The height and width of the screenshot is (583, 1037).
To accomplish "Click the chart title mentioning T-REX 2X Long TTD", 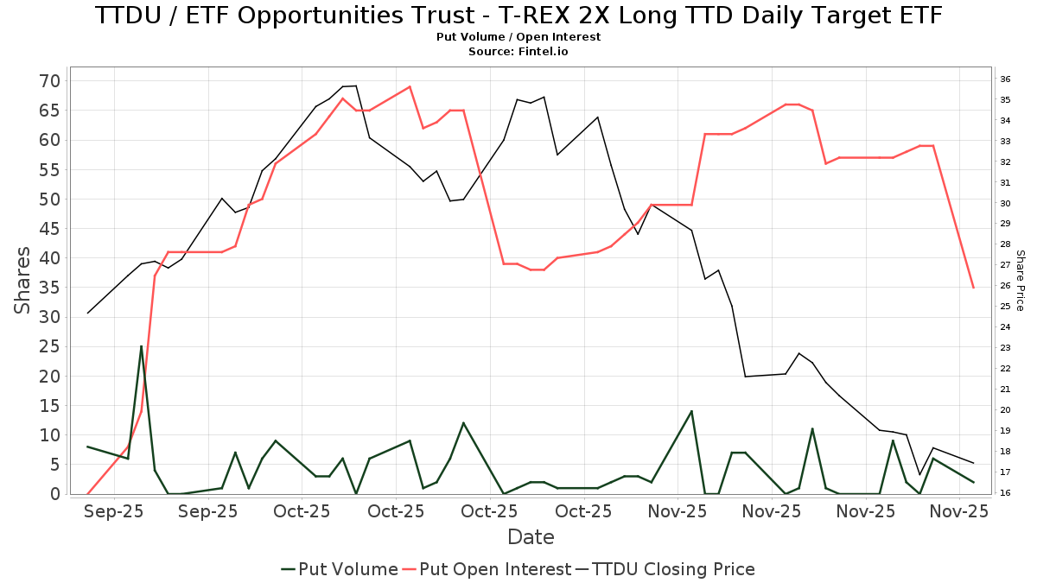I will [x=518, y=16].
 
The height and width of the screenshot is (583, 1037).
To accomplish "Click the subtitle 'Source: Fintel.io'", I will [x=518, y=52].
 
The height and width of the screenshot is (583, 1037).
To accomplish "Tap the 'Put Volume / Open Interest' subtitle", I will [x=518, y=37].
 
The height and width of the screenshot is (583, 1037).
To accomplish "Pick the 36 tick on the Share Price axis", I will [x=1005, y=79].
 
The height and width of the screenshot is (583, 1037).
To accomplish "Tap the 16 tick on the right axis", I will [x=1005, y=493].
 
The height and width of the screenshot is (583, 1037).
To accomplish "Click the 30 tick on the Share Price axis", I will [x=1005, y=204].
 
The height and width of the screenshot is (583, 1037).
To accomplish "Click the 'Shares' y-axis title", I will [x=23, y=281].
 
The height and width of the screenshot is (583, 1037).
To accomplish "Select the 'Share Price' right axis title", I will [x=1020, y=281].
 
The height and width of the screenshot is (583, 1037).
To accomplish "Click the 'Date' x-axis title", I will [x=531, y=537].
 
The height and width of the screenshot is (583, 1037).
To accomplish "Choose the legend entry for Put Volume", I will [x=340, y=569].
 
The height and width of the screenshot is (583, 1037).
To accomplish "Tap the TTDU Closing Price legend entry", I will [x=665, y=569].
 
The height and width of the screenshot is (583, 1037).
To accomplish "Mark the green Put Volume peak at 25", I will [x=142, y=346].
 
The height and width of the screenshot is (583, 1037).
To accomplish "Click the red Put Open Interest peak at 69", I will [x=410, y=86].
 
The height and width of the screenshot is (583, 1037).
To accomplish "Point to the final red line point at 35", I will [x=973, y=288].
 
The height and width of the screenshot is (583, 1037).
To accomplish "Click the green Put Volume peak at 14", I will [x=691, y=411].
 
